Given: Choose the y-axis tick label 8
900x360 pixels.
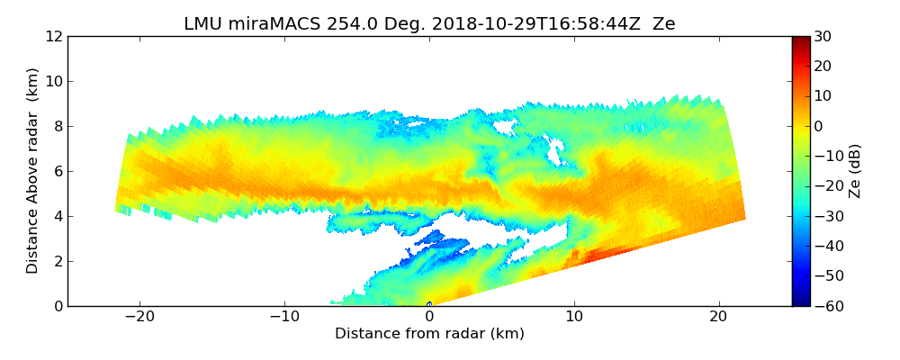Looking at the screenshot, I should pyautogui.click(x=58, y=126).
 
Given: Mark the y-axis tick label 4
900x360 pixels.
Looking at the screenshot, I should pyautogui.click(x=58, y=216).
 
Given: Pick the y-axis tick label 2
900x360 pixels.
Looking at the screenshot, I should pyautogui.click(x=58, y=261).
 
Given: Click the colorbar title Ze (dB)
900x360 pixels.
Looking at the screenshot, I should pyautogui.click(x=855, y=171).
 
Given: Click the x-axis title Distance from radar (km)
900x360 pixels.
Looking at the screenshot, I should pyautogui.click(x=429, y=334).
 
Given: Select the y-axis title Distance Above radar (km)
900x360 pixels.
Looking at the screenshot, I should pyautogui.click(x=33, y=171).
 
